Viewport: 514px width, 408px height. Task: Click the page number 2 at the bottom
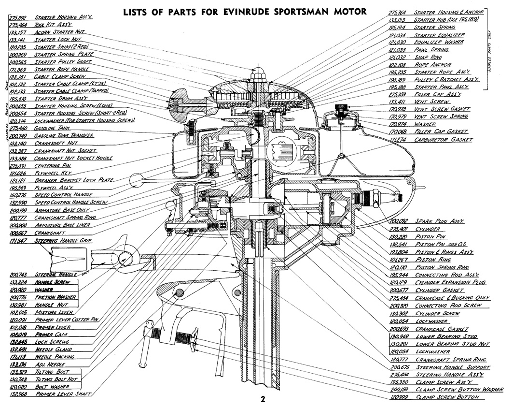263,399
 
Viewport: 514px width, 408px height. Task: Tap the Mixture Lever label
53,312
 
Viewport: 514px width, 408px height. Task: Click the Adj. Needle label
50,364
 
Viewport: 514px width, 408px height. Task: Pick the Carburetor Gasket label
444,140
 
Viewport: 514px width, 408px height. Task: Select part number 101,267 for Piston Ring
398,259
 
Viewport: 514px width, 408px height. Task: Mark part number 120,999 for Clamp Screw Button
398,397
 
